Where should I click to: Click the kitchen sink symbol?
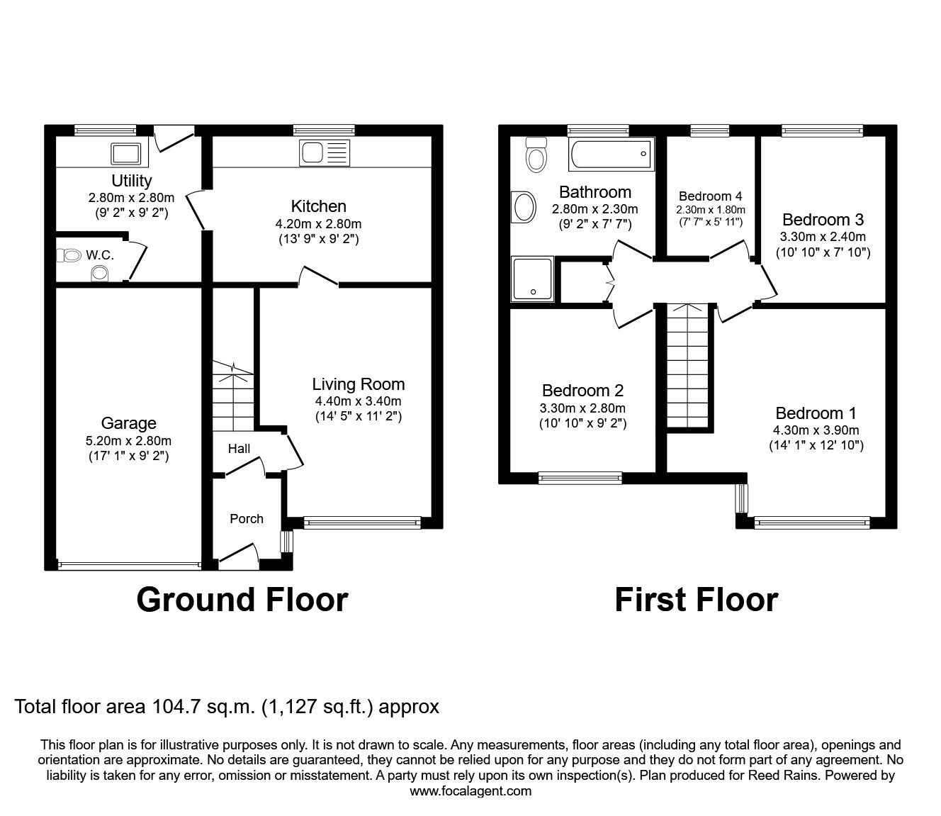[x=325, y=152]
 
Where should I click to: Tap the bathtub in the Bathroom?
[x=611, y=153]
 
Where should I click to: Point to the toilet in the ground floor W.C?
[x=71, y=255]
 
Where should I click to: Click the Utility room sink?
[x=125, y=152]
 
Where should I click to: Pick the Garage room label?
[x=128, y=423]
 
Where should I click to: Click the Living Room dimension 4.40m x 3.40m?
[x=358, y=401]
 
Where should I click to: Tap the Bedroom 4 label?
[x=710, y=196]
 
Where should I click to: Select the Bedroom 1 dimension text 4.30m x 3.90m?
[x=816, y=430]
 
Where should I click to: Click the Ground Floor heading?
[x=242, y=599]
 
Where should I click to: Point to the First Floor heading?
[x=696, y=599]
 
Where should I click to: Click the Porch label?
[x=247, y=519]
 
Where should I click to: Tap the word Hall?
[x=239, y=449]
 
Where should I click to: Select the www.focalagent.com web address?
[x=470, y=791]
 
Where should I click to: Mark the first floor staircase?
[x=687, y=366]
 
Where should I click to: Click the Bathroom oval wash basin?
[x=524, y=208]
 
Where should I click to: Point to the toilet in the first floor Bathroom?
[x=535, y=155]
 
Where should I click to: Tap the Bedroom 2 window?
[x=580, y=479]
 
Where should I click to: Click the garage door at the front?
[x=128, y=565]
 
